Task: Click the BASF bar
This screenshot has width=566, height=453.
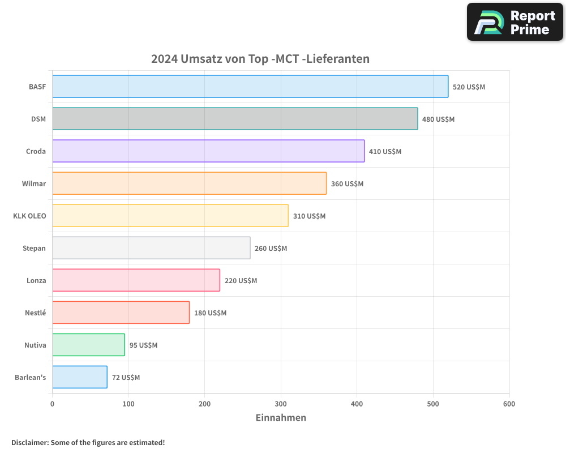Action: (250, 87)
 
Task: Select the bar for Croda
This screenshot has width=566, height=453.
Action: (208, 151)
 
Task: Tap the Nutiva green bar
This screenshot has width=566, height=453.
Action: (88, 345)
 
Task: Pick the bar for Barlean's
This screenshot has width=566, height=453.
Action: (80, 377)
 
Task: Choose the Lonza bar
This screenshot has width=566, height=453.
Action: (136, 280)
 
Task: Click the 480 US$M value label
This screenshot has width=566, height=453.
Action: (438, 119)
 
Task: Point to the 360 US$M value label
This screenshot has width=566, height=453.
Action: (347, 184)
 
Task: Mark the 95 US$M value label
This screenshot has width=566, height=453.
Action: (143, 345)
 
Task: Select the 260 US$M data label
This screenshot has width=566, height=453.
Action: (271, 249)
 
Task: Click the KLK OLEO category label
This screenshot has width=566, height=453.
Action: (29, 216)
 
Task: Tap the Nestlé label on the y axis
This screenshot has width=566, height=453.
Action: (35, 313)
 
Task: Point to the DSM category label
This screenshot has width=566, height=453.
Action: (38, 119)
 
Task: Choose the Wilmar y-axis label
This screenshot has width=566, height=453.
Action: (34, 183)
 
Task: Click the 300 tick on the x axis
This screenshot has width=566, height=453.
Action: (281, 404)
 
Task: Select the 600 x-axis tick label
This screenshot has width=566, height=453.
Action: (509, 404)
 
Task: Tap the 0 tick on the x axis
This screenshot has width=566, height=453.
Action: (52, 404)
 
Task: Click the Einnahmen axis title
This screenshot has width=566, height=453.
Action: (281, 418)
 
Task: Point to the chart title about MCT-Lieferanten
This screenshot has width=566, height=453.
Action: (260, 59)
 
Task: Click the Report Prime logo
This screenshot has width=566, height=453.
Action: (515, 22)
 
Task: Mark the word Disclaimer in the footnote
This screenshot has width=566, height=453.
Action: (29, 442)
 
